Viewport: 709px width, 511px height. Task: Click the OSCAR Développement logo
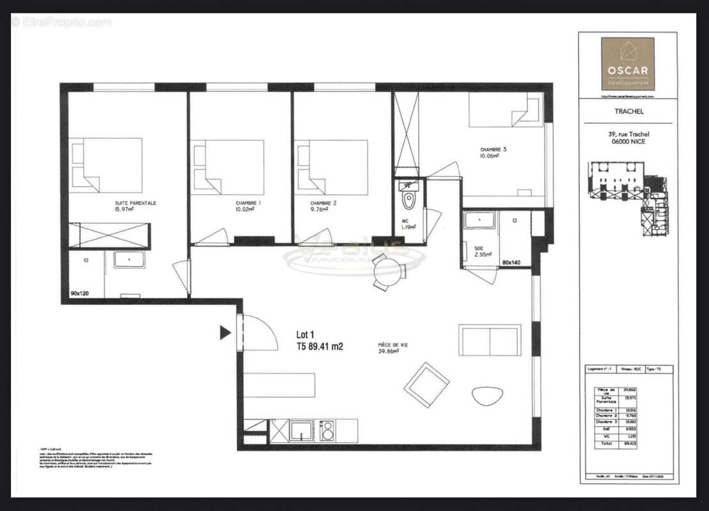click(627, 63)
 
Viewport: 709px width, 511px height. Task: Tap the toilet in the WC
click(408, 200)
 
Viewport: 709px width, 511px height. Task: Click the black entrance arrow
click(225, 332)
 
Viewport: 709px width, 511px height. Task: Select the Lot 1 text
click(306, 334)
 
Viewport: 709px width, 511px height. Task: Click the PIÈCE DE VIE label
click(393, 346)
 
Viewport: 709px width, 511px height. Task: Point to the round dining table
click(387, 271)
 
